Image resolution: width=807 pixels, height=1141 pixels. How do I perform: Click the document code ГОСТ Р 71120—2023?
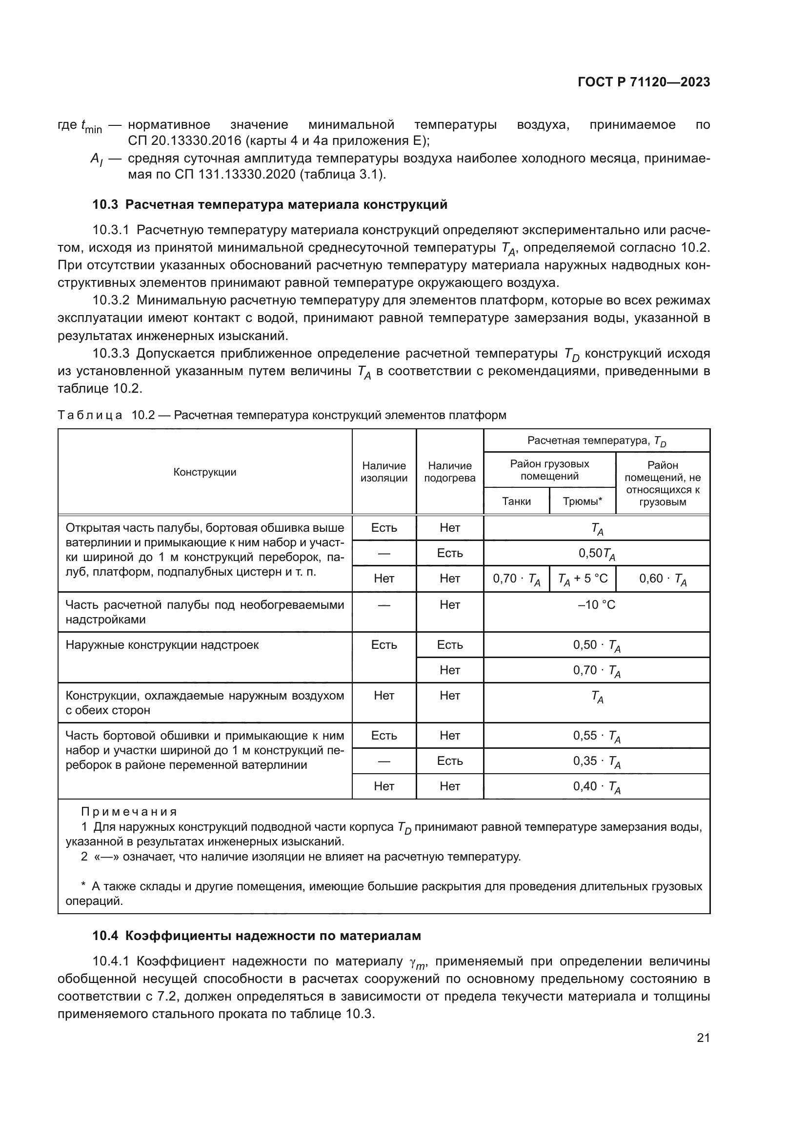point(644,82)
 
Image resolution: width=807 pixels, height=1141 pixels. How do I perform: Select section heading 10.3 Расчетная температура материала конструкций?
point(270,205)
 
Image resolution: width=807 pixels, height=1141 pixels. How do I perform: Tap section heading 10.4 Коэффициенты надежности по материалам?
point(257,936)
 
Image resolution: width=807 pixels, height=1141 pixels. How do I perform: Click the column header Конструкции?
point(205,472)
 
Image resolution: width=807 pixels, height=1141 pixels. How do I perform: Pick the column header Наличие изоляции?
point(383,472)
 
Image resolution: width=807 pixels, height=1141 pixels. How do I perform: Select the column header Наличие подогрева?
point(450,472)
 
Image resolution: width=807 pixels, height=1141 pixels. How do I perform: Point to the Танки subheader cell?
point(516,501)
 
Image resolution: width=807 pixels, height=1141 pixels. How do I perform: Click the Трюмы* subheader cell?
point(583,501)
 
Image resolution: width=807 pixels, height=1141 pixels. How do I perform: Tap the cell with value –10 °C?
point(596,605)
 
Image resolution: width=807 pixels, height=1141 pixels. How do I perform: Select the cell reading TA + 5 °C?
point(583,579)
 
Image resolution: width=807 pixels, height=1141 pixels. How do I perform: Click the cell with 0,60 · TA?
point(663,579)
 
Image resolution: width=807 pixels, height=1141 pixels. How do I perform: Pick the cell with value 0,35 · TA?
point(596,761)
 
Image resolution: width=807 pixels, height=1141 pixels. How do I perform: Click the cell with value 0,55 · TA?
point(596,736)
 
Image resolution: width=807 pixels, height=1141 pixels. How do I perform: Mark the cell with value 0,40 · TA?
point(596,787)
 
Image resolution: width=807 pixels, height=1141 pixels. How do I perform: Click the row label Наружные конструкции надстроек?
point(162,645)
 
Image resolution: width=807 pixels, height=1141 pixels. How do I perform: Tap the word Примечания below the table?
point(129,812)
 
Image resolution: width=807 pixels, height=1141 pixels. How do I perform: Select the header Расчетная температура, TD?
point(596,441)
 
